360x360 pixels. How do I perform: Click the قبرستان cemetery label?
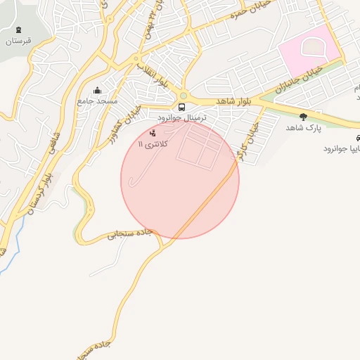coord(20,41)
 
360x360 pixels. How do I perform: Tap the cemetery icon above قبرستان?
coord(18,30)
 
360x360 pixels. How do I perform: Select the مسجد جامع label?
coord(97,101)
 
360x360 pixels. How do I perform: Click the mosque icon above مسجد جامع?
coord(97,91)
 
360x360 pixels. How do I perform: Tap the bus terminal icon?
coord(182,108)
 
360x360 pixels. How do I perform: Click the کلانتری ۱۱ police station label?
coord(153,143)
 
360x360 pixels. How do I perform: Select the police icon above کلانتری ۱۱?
coord(153,132)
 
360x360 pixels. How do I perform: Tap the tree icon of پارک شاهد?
coord(303,117)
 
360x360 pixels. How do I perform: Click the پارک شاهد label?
coord(303,128)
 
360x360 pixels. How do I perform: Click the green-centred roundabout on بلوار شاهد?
coord(184,96)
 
